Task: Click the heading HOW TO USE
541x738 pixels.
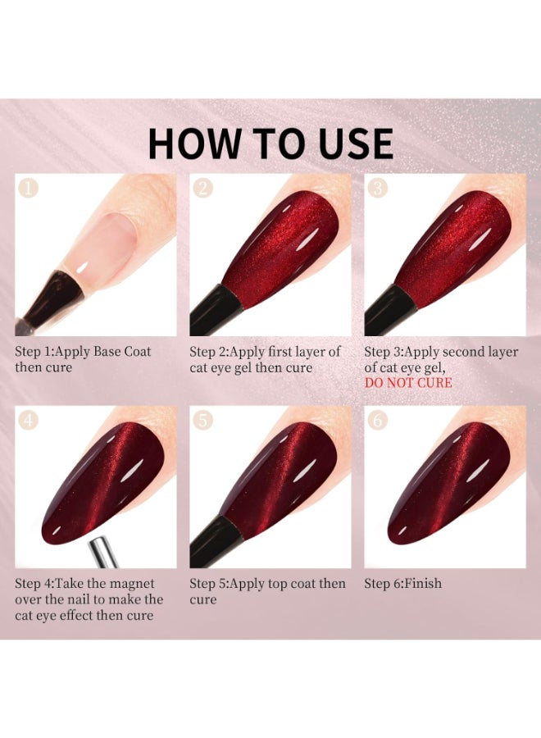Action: pos(270,143)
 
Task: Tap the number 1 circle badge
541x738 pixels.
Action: pos(29,189)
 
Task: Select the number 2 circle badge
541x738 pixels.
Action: pos(203,189)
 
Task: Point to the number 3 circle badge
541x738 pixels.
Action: pos(378,189)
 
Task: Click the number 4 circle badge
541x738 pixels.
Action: pos(29,421)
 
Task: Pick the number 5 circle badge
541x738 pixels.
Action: pos(203,421)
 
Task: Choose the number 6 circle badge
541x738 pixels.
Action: pos(378,421)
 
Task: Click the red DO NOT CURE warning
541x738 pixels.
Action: pos(407,383)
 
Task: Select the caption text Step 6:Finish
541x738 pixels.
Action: pos(402,584)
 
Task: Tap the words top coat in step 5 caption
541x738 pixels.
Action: pos(292,584)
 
